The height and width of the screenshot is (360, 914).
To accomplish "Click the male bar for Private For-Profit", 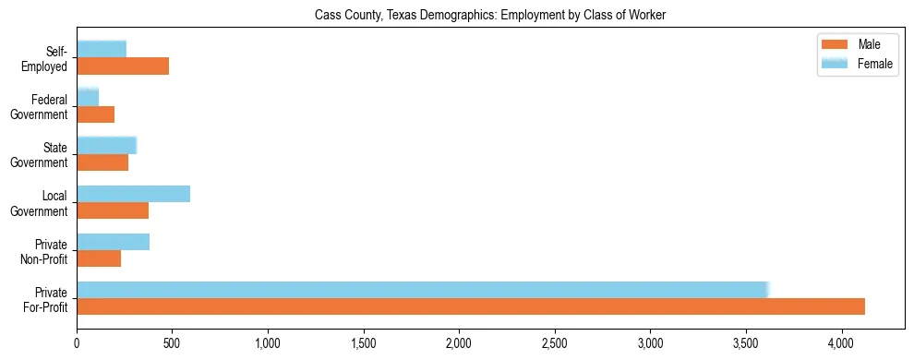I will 471,306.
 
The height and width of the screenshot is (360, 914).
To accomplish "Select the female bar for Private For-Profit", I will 422,290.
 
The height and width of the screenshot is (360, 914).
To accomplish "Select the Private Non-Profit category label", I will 47,251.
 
